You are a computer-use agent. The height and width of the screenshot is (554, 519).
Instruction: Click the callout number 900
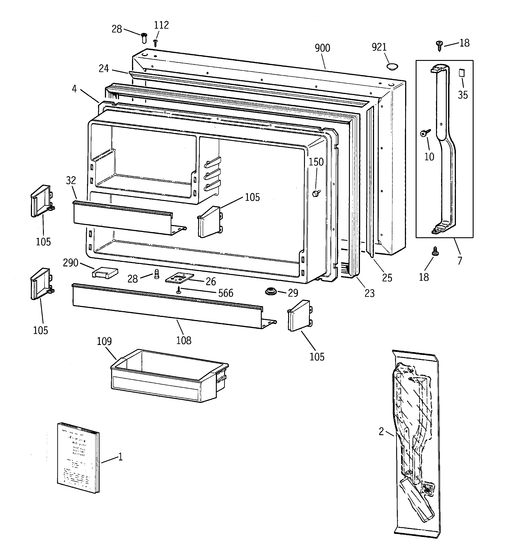click(x=322, y=48)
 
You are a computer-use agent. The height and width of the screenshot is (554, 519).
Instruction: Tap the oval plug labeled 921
click(x=392, y=67)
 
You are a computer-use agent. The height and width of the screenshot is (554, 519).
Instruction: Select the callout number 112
click(x=161, y=25)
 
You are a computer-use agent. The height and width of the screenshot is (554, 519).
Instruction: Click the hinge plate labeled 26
click(x=179, y=278)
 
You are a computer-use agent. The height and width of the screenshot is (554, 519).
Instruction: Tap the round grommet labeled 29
click(x=270, y=292)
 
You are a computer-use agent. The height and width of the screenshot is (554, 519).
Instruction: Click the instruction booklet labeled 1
click(x=78, y=458)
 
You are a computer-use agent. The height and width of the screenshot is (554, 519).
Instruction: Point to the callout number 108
click(x=184, y=340)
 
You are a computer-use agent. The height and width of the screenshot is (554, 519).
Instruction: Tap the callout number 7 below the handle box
click(x=459, y=261)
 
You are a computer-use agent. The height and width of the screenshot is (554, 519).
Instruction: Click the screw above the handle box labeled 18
click(x=439, y=46)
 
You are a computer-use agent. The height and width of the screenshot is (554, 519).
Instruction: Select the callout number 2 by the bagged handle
click(x=381, y=432)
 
